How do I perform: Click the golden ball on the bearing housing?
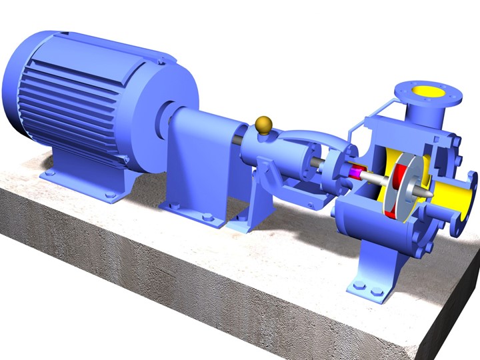click(264, 124)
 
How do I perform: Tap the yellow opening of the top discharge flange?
click(424, 91)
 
